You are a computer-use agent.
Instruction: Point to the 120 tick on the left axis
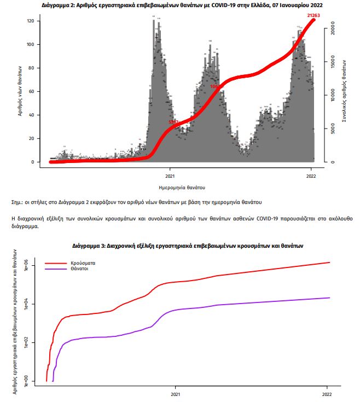31,21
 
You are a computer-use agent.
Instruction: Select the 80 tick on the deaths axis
32,68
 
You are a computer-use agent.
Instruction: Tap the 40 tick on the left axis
32,115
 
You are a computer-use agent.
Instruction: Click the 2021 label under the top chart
170,176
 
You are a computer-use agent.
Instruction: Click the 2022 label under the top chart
311,176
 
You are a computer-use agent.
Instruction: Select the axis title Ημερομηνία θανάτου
180,187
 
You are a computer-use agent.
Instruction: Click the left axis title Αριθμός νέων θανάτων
19,92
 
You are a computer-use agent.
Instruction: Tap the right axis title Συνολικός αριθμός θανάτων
344,92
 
